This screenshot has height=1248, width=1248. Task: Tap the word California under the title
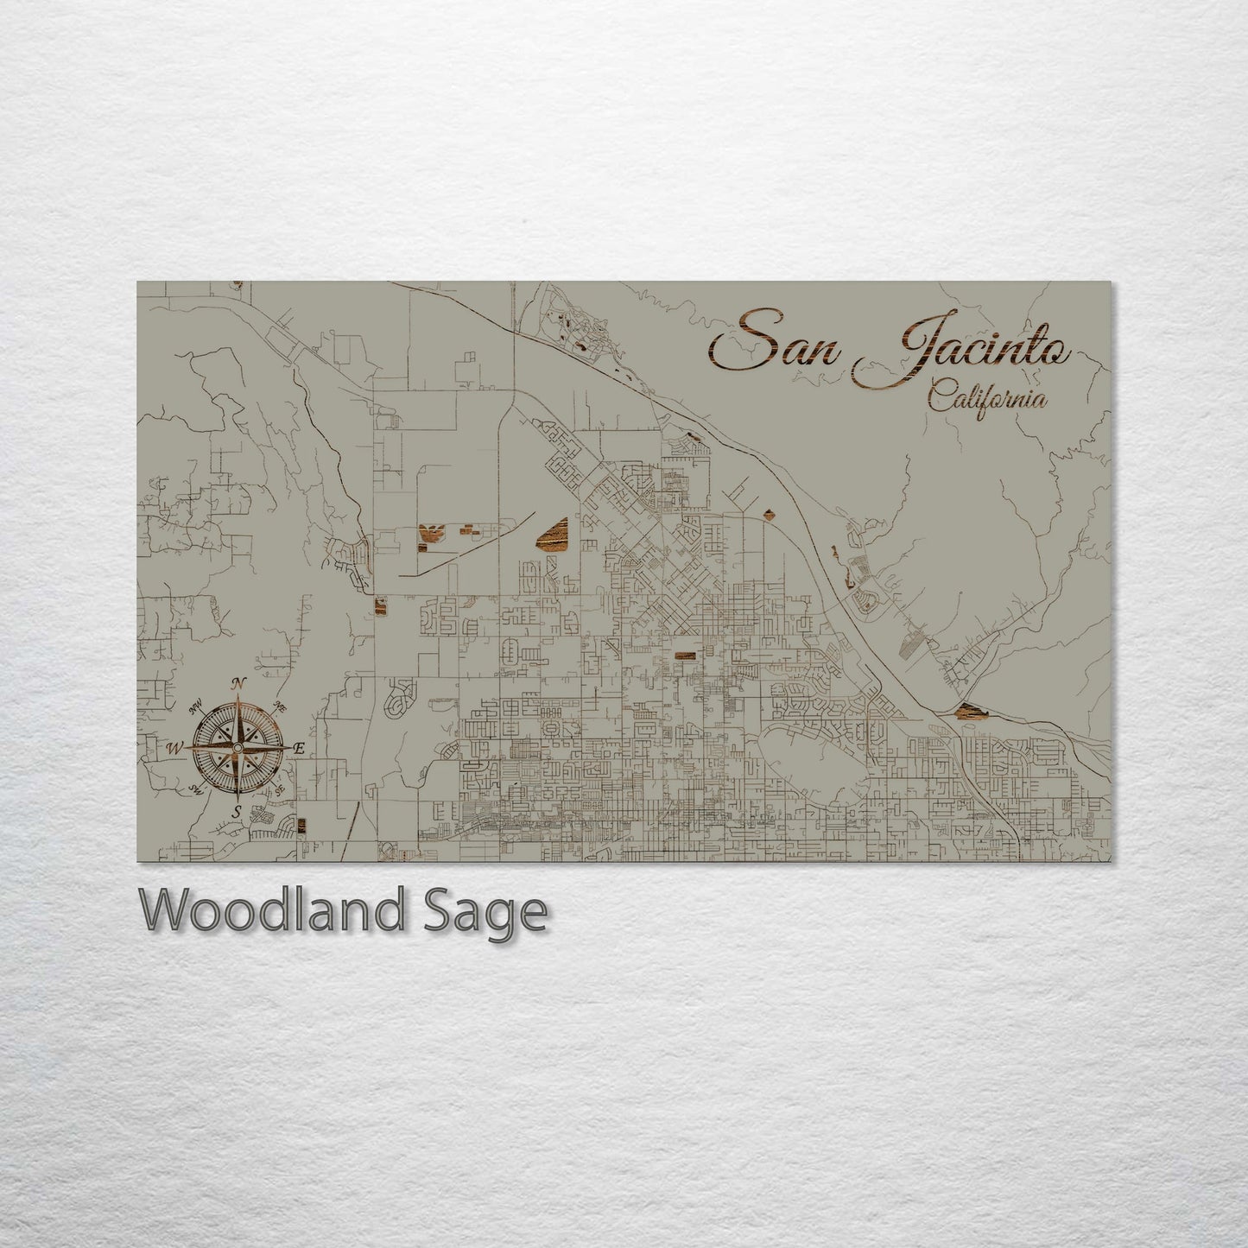click(988, 399)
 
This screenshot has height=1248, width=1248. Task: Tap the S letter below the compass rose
click(236, 811)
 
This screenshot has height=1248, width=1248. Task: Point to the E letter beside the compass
click(300, 749)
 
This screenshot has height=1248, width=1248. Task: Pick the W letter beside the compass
click(175, 748)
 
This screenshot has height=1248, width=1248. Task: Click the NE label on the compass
click(280, 705)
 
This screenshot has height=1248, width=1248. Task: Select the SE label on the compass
click(280, 790)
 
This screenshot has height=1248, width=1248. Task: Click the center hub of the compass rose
click(238, 747)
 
